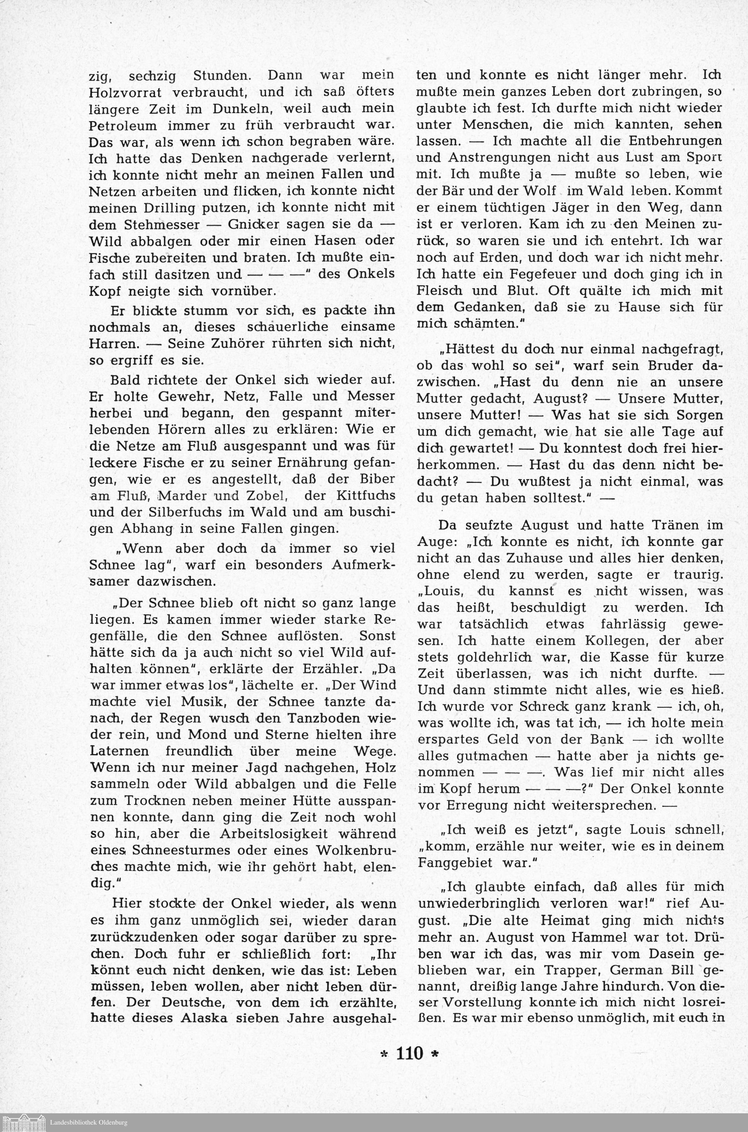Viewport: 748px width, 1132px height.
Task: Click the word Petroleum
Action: pos(123,125)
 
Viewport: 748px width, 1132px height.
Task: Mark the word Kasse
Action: pos(628,657)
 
